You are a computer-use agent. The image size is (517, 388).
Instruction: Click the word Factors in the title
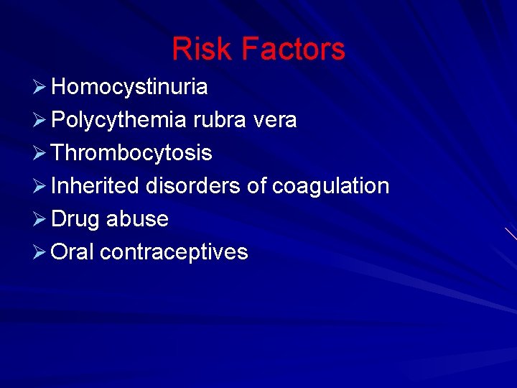pos(293,50)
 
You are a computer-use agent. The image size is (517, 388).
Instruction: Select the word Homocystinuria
pos(130,87)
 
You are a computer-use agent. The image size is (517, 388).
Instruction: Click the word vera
pos(275,120)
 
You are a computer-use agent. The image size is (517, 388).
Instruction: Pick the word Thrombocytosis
pos(132,153)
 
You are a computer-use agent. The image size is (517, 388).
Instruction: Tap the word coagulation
pos(330,186)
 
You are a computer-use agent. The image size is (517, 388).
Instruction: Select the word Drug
pos(75,219)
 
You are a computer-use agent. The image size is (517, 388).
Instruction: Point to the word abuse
pos(137,219)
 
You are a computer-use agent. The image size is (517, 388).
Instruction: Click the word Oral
pos(73,252)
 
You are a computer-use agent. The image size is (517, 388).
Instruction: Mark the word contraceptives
pos(174,252)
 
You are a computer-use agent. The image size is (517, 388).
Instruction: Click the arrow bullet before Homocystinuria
pos(40,88)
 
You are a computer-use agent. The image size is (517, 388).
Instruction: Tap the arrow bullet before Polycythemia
pos(40,121)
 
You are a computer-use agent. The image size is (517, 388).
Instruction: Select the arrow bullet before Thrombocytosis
pos(40,154)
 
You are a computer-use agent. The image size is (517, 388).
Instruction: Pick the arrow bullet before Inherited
pos(40,187)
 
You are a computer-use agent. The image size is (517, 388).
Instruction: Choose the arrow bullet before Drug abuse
pos(40,220)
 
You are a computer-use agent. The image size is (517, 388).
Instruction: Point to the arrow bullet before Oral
pos(40,253)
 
